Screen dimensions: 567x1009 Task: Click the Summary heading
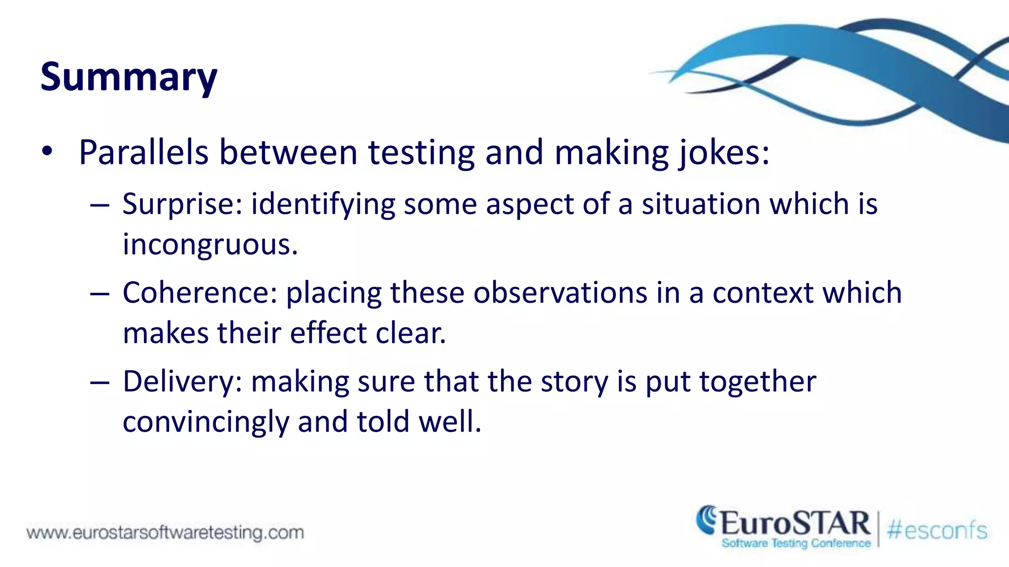pos(129,77)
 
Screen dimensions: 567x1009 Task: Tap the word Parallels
pos(143,153)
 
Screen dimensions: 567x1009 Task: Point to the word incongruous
pos(210,245)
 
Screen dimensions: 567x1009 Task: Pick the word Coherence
pos(200,293)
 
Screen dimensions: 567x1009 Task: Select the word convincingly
pos(205,422)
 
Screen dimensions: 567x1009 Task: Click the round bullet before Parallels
pos(47,152)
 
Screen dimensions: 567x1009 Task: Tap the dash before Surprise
pos(100,205)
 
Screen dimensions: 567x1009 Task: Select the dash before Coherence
pos(100,294)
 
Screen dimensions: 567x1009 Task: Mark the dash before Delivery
pos(100,382)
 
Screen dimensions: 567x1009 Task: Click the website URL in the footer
pos(165,533)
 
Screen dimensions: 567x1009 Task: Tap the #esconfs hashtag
pos(937,531)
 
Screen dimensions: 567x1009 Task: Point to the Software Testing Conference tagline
pos(796,543)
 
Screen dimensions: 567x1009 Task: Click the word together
pos(758,381)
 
